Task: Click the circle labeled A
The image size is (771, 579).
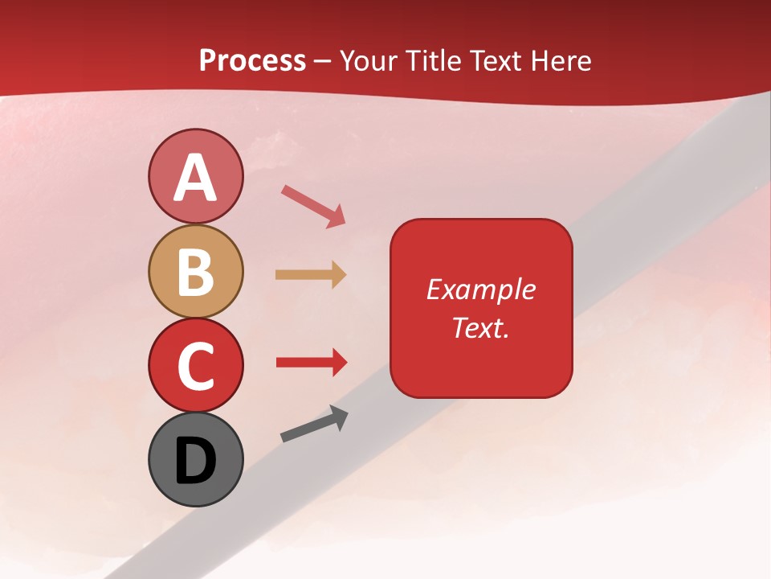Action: pyautogui.click(x=195, y=176)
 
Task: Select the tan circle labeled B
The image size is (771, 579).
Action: pyautogui.click(x=195, y=271)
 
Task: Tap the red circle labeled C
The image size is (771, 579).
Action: pyautogui.click(x=195, y=365)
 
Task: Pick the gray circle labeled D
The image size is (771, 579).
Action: pyautogui.click(x=195, y=459)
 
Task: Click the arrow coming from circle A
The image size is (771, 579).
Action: pyautogui.click(x=313, y=207)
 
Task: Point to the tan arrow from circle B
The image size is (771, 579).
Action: pyautogui.click(x=310, y=275)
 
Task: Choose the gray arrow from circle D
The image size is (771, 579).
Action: pyautogui.click(x=314, y=424)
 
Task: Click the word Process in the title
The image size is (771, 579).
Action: pyautogui.click(x=252, y=61)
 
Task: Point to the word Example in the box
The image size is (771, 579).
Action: pyautogui.click(x=480, y=289)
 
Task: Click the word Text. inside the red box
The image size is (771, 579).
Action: pyautogui.click(x=480, y=327)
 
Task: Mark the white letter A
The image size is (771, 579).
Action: pyautogui.click(x=195, y=178)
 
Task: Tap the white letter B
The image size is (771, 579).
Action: pyautogui.click(x=195, y=272)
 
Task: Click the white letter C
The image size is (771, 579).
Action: pyautogui.click(x=195, y=366)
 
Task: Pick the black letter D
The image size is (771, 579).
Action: pyautogui.click(x=195, y=461)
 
